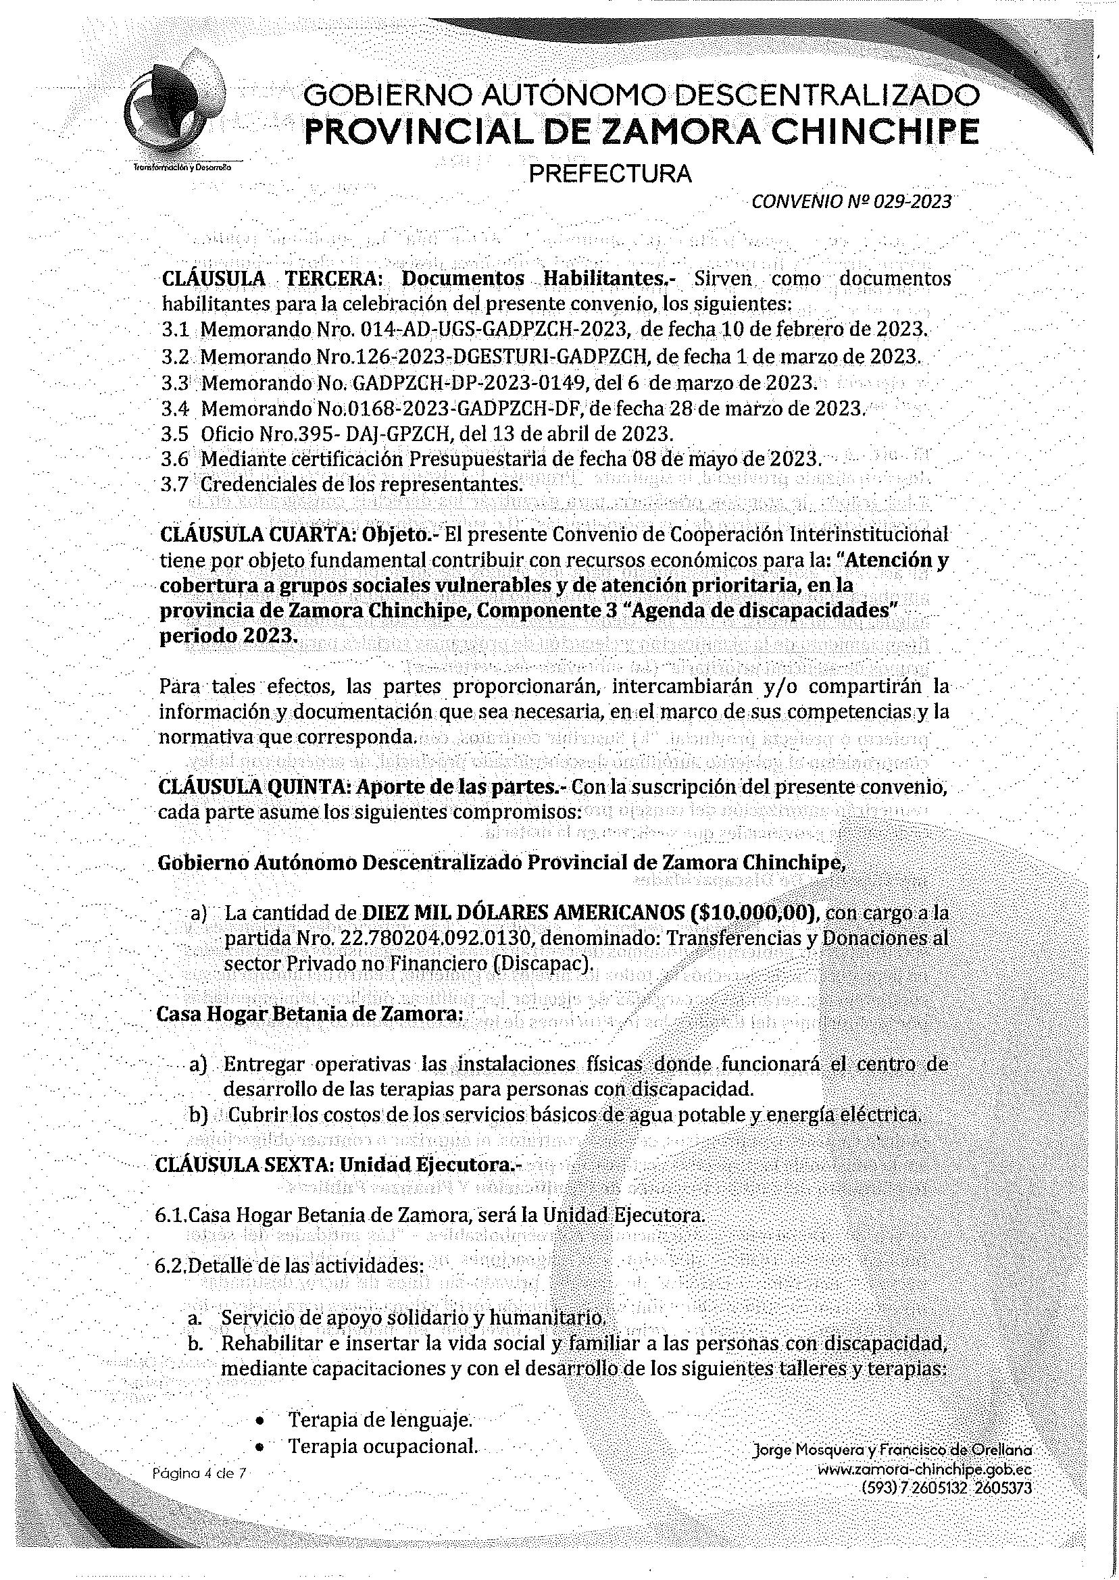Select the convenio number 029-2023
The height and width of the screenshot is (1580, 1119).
click(x=912, y=201)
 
